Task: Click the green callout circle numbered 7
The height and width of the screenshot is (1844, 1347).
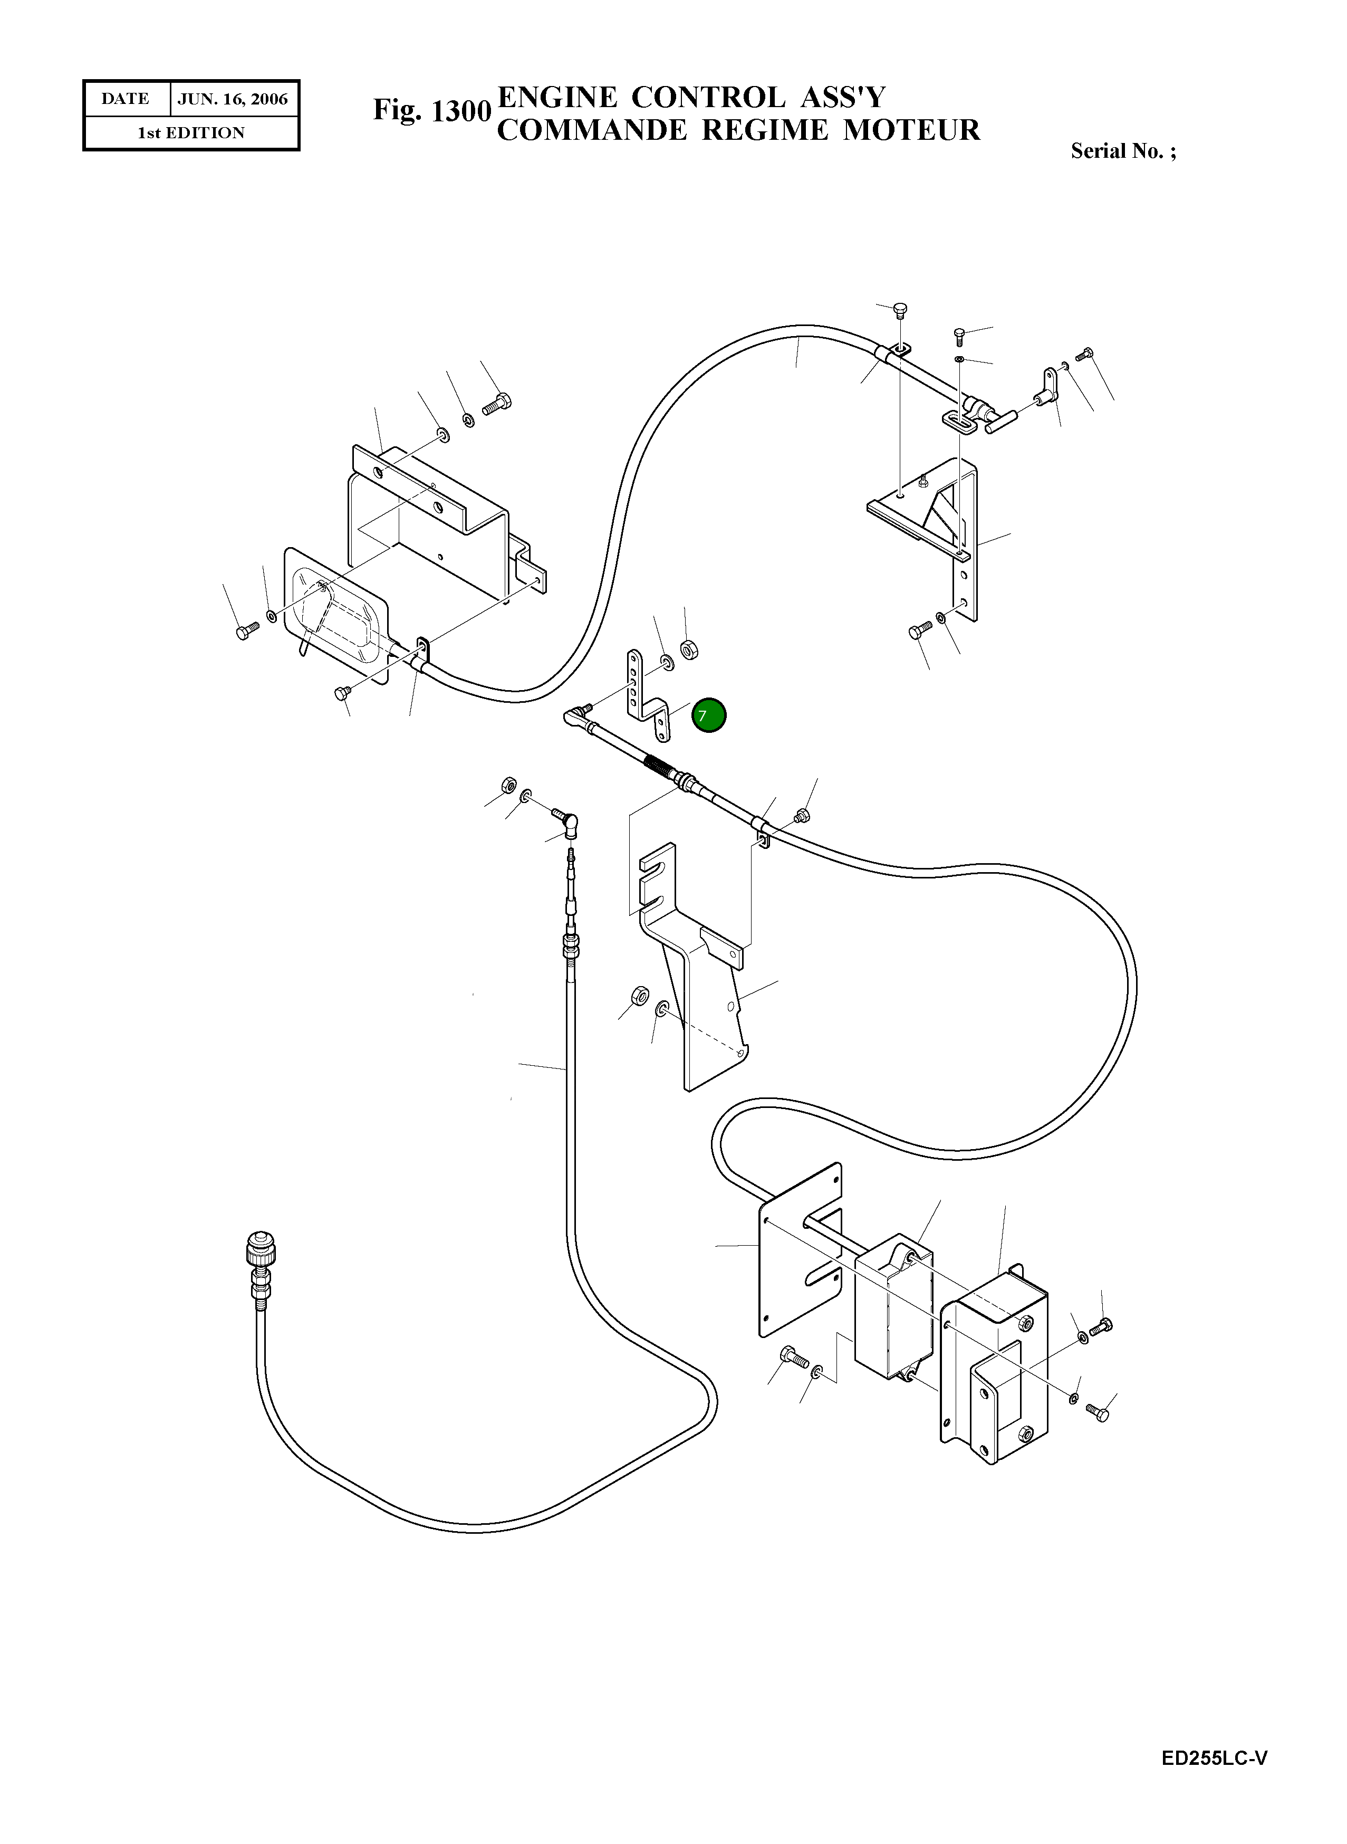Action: pos(708,715)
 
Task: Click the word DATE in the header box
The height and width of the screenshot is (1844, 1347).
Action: pos(125,99)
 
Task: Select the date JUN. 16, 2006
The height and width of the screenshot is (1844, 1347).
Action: pos(233,100)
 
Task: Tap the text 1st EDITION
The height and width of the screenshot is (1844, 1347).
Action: pos(191,133)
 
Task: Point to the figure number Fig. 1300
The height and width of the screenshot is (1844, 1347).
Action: pos(431,110)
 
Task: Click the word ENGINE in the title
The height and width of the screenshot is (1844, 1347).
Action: pos(557,97)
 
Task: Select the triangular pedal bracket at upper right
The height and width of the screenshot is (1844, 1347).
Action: pos(929,505)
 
